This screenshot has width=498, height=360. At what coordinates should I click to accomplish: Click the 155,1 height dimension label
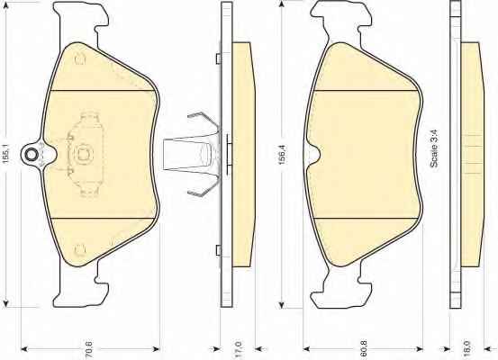[x=6, y=153]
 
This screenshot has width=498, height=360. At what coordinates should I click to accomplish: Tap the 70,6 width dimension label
[x=89, y=348]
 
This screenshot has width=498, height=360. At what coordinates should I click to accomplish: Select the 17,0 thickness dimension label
[x=239, y=348]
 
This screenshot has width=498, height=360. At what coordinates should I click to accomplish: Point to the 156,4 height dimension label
[x=282, y=155]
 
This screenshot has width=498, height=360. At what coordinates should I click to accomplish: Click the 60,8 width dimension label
[x=364, y=348]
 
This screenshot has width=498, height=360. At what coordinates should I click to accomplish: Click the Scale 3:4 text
[x=434, y=148]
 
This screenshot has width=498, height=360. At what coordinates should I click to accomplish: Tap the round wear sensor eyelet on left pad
[x=32, y=155]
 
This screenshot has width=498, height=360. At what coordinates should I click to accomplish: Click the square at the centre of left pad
[x=84, y=154]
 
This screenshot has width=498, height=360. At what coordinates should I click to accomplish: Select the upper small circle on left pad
[x=80, y=60]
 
